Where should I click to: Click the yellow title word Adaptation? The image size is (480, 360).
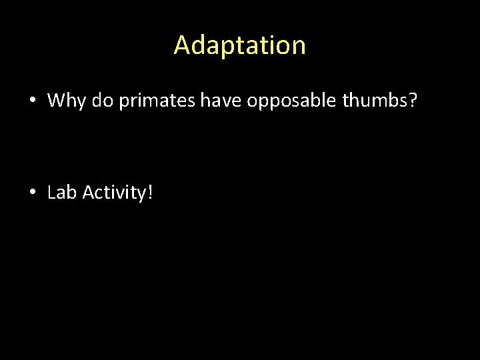(240, 45)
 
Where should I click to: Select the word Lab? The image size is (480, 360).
(63, 193)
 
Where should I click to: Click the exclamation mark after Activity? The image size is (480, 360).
(150, 193)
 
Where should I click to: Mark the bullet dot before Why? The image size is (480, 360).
(33, 101)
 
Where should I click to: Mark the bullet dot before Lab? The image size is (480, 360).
(33, 193)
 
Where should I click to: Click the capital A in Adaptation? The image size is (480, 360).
(182, 45)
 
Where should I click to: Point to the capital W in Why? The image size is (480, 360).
(57, 101)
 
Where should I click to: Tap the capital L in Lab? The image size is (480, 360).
(52, 193)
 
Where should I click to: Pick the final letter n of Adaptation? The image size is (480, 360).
(299, 47)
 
